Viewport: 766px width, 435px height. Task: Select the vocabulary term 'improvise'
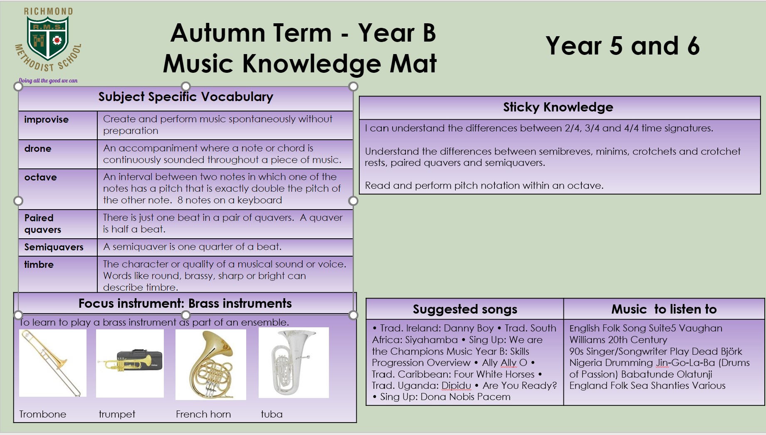click(46, 119)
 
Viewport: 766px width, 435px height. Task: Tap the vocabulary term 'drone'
click(38, 148)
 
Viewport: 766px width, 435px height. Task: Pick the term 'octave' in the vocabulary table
click(40, 177)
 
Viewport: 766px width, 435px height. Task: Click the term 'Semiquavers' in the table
click(54, 247)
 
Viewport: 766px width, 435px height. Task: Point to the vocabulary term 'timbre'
click(39, 264)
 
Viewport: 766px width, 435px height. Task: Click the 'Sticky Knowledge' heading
click(558, 107)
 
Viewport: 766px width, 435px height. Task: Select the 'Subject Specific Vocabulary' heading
click(185, 97)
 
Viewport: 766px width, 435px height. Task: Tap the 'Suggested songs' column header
click(465, 309)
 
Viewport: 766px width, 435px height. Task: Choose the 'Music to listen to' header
click(664, 309)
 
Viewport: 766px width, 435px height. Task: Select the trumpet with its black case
click(130, 363)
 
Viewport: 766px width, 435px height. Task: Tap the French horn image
click(211, 365)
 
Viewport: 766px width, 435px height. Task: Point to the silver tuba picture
click(294, 363)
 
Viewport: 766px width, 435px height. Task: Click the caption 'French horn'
click(203, 414)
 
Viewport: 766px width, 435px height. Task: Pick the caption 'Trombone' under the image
click(43, 414)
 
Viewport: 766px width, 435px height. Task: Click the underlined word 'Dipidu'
click(456, 386)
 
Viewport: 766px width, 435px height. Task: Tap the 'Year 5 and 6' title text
click(623, 46)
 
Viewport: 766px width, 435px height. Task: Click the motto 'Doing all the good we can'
click(48, 81)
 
